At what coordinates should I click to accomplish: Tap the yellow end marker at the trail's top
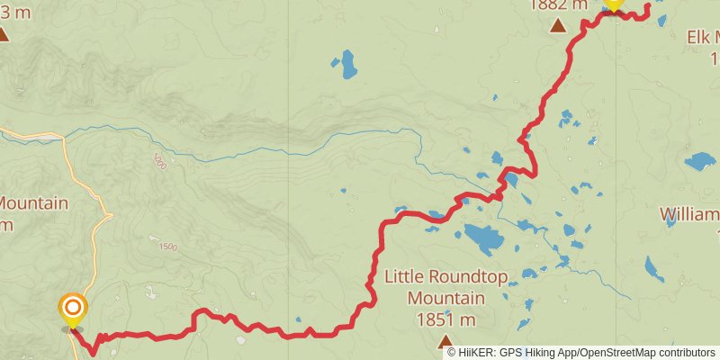coord(613,4)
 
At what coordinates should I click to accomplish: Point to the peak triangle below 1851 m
coord(445,340)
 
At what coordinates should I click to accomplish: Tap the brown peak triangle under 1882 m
coord(558,25)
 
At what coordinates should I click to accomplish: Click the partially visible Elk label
coord(703,37)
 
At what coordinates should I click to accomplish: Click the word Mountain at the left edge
coord(33,203)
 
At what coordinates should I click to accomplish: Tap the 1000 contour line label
coord(160,162)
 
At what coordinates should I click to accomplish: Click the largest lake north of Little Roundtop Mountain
coord(483,239)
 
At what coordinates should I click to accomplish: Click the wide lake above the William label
coord(699,162)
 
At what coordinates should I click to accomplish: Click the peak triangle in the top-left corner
coord(4,34)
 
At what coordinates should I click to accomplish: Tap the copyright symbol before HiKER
coord(452,352)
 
